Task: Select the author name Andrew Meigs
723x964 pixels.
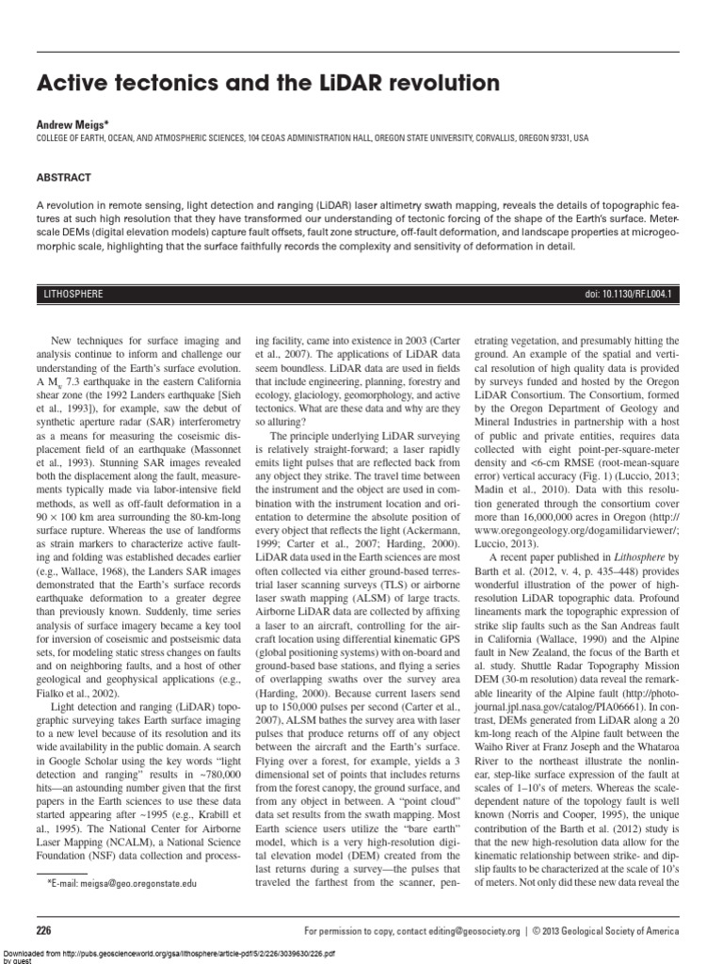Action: (72, 122)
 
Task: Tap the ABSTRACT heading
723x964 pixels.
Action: (64, 177)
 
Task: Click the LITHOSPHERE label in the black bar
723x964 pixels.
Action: (74, 295)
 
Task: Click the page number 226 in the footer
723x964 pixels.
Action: (43, 930)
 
